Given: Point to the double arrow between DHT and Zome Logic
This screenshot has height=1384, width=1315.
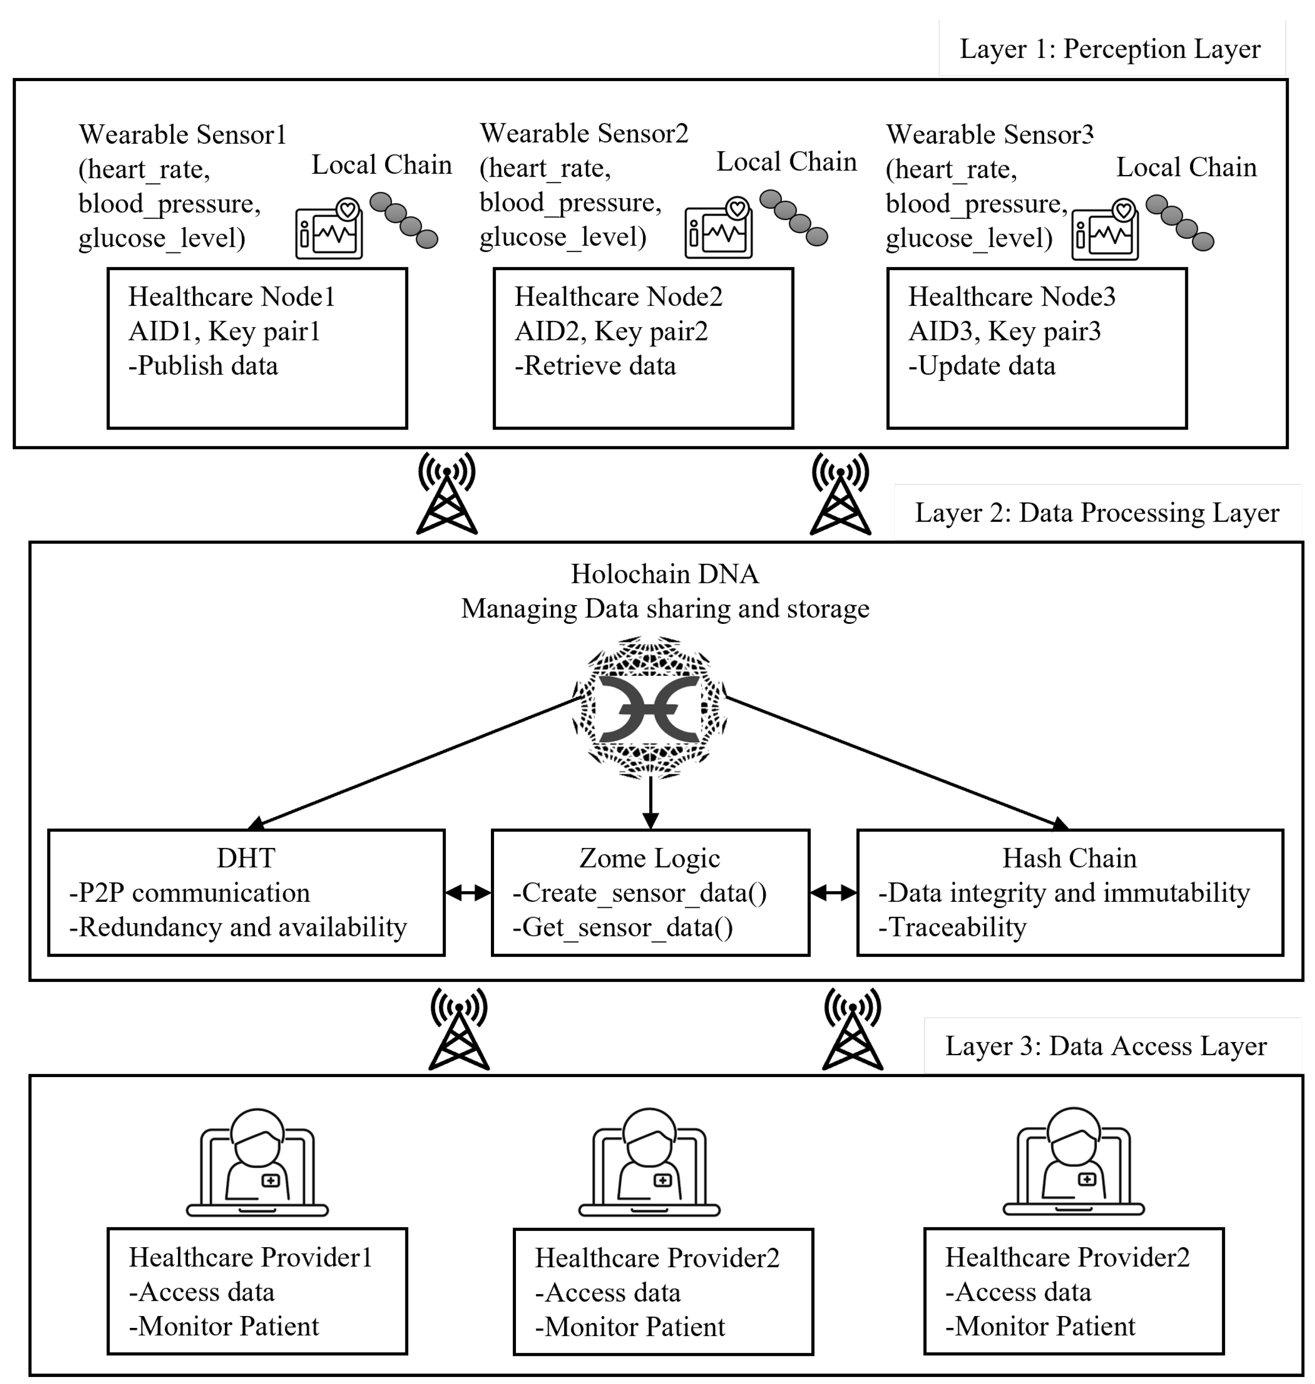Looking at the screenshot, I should pos(468,893).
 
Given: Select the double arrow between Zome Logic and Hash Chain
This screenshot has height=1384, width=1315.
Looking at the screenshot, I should pos(833,893).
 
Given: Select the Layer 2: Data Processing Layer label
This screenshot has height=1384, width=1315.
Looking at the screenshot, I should pos(1097,512).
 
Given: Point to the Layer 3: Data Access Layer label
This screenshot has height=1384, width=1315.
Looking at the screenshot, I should pos(1105,1046).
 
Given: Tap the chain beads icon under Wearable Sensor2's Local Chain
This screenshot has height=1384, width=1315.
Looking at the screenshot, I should pos(793,217).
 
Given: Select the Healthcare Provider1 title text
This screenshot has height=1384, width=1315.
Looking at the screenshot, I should pos(250,1258).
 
